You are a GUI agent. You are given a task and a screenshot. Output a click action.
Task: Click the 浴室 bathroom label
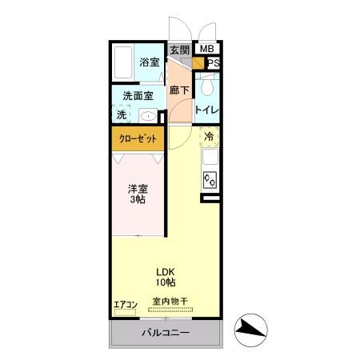click(150, 62)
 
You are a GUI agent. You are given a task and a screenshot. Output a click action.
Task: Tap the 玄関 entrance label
click(178, 50)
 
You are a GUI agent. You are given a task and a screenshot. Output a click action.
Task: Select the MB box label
click(206, 50)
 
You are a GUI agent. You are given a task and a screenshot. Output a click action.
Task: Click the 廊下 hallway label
click(180, 90)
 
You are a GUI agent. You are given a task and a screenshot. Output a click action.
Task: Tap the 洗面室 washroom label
click(138, 96)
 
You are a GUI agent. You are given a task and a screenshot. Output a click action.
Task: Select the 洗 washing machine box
click(122, 114)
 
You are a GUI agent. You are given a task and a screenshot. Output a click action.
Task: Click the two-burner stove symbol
click(210, 178)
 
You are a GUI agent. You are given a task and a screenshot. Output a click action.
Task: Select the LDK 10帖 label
click(166, 276)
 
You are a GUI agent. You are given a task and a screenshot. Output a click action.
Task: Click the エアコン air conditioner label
click(126, 303)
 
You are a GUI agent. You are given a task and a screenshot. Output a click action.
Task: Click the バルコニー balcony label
click(166, 332)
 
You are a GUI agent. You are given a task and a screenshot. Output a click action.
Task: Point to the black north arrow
click(248, 327)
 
